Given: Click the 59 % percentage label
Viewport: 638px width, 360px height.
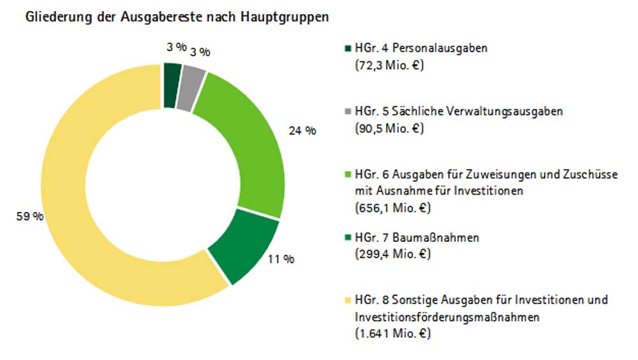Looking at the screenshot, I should pos(30,216).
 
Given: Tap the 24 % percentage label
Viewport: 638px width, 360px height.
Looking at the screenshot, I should pos(302,131).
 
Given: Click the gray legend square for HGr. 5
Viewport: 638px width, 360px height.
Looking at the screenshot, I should pos(347,112).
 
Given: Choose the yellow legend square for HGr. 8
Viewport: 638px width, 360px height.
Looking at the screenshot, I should pos(347,300).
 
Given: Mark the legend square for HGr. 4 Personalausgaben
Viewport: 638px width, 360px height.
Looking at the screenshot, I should pos(347,49).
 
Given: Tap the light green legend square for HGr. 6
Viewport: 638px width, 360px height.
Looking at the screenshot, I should pos(347,174).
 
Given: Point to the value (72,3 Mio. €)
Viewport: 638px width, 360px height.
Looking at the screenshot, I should pos(389,64).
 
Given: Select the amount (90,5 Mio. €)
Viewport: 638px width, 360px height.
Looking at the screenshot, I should pos(389,128).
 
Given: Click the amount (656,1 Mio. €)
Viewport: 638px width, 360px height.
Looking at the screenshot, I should pos(392,207).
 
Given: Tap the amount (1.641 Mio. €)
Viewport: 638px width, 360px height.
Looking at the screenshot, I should pos(392,333).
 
